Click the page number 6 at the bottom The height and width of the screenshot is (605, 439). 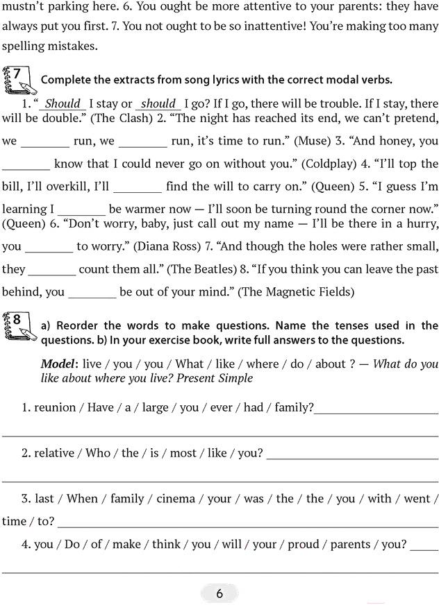click(219, 593)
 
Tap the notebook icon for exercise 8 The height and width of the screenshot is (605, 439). click(19, 325)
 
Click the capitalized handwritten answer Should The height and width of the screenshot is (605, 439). click(63, 103)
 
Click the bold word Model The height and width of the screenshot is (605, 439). click(58, 364)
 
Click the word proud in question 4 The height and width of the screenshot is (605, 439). click(303, 545)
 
